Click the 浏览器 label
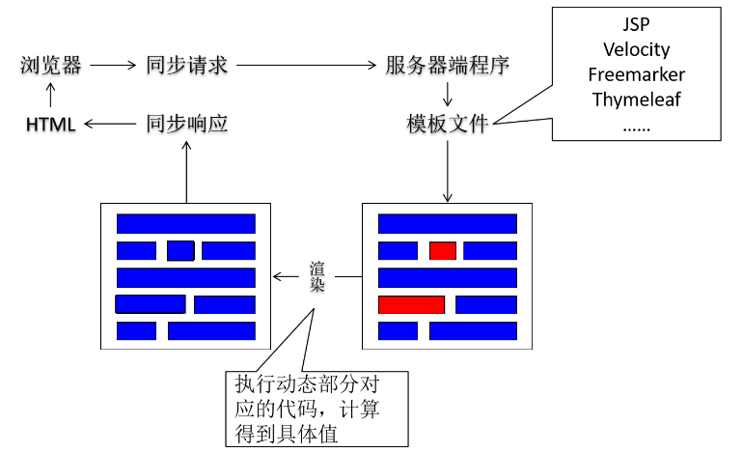(x=50, y=66)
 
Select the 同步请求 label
(x=186, y=66)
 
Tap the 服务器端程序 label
(x=447, y=66)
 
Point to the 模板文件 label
(x=448, y=124)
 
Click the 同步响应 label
(x=186, y=124)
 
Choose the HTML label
(x=50, y=125)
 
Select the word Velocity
(x=636, y=49)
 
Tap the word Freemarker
(x=636, y=74)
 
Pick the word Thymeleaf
(x=636, y=99)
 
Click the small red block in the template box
(x=443, y=251)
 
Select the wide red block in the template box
(x=411, y=305)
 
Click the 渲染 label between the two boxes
(x=318, y=277)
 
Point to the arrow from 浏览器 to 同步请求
(x=114, y=66)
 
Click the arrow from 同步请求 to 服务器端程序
(x=306, y=66)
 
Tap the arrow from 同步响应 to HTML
(x=112, y=124)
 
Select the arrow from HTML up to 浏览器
(x=50, y=95)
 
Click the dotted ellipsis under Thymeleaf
(x=636, y=127)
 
